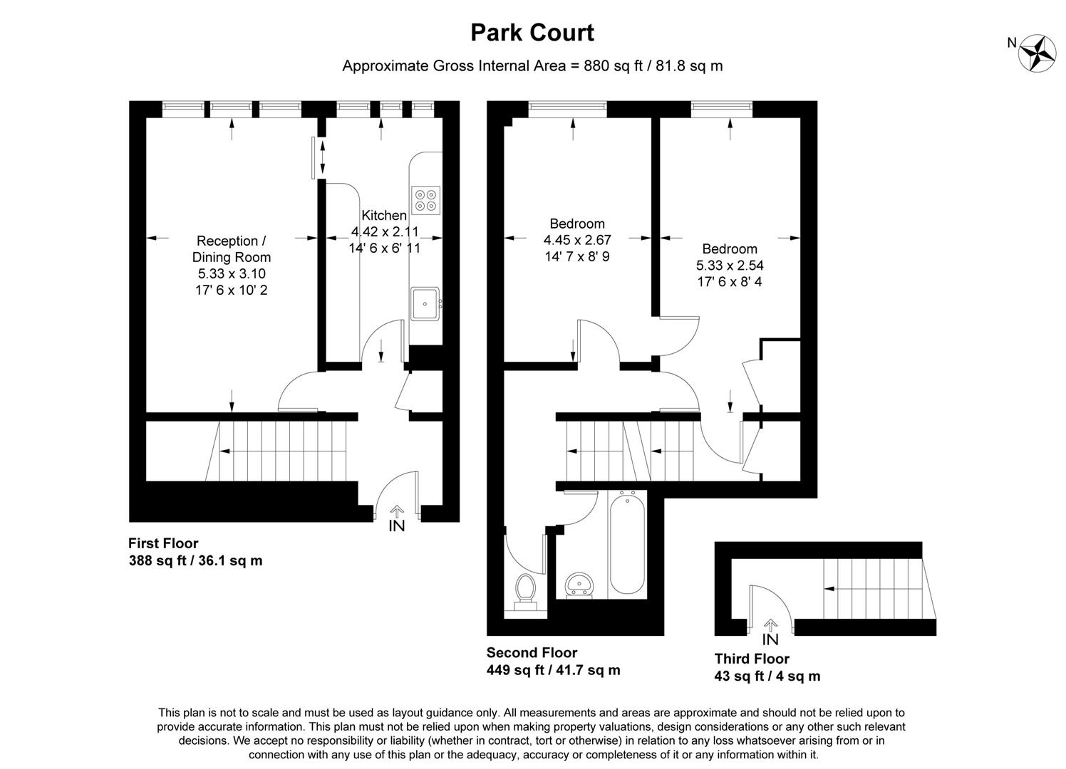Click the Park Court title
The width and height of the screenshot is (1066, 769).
[532, 33]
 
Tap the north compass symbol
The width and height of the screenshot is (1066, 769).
[1037, 52]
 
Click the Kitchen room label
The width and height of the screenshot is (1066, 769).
[384, 215]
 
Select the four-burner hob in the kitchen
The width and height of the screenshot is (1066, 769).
[426, 199]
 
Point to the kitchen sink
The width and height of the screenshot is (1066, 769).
[425, 304]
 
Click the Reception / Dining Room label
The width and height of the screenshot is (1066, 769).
[232, 249]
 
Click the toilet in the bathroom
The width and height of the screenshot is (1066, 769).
[526, 590]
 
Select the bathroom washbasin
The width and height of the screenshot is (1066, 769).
[579, 585]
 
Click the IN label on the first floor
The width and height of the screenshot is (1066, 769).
[396, 526]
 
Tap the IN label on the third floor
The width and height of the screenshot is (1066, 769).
[770, 639]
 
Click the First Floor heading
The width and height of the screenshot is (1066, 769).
[163, 543]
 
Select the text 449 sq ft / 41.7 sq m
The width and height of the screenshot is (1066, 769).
[553, 670]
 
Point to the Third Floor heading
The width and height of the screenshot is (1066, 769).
[752, 659]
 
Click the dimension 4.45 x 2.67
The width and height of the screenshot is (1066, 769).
[577, 241]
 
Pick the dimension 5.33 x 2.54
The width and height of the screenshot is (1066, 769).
[730, 266]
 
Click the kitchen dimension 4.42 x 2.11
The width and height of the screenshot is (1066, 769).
[385, 231]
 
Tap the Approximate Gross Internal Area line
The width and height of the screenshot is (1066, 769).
[532, 66]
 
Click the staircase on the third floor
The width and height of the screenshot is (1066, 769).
[873, 589]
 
